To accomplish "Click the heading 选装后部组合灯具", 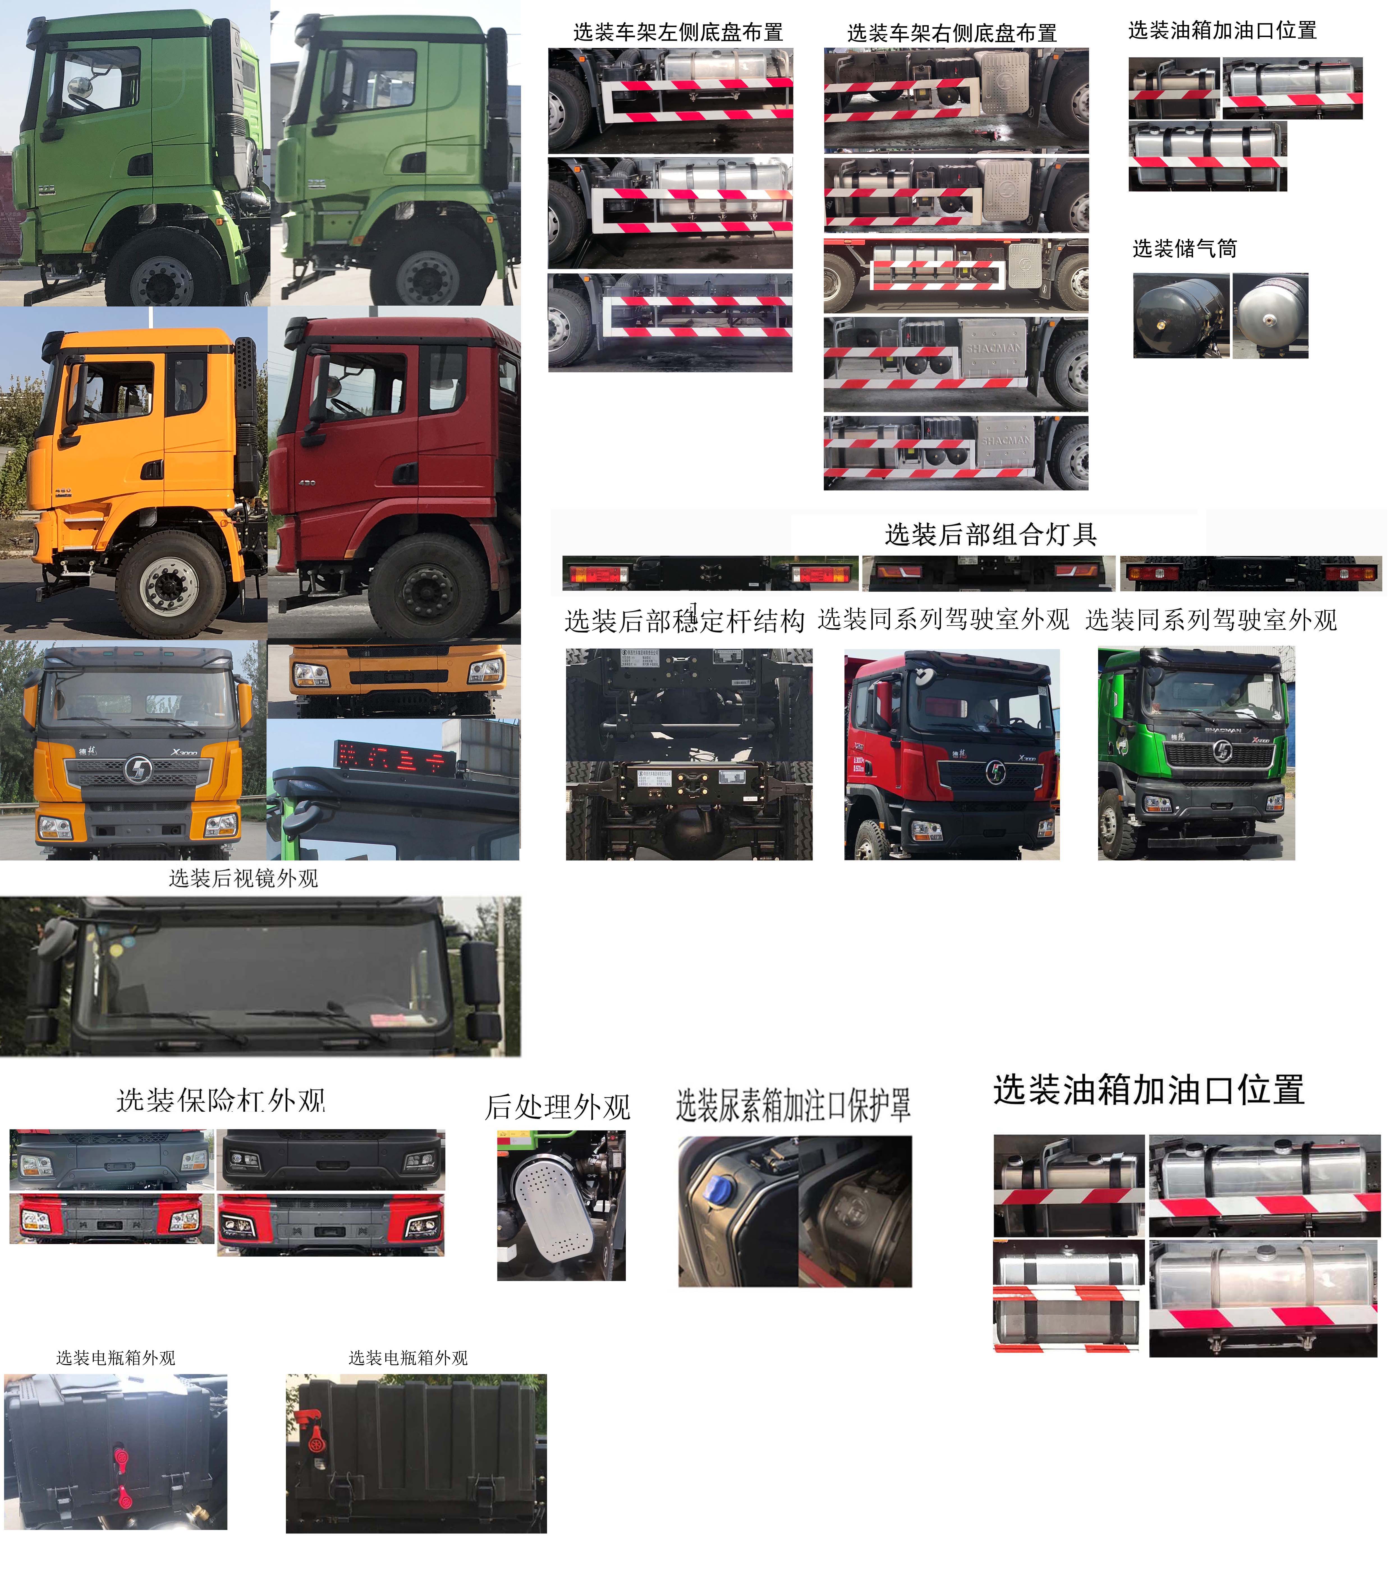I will pos(990,534).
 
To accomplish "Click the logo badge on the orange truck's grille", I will pos(138,770).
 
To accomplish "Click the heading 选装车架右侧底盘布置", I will pos(952,33).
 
